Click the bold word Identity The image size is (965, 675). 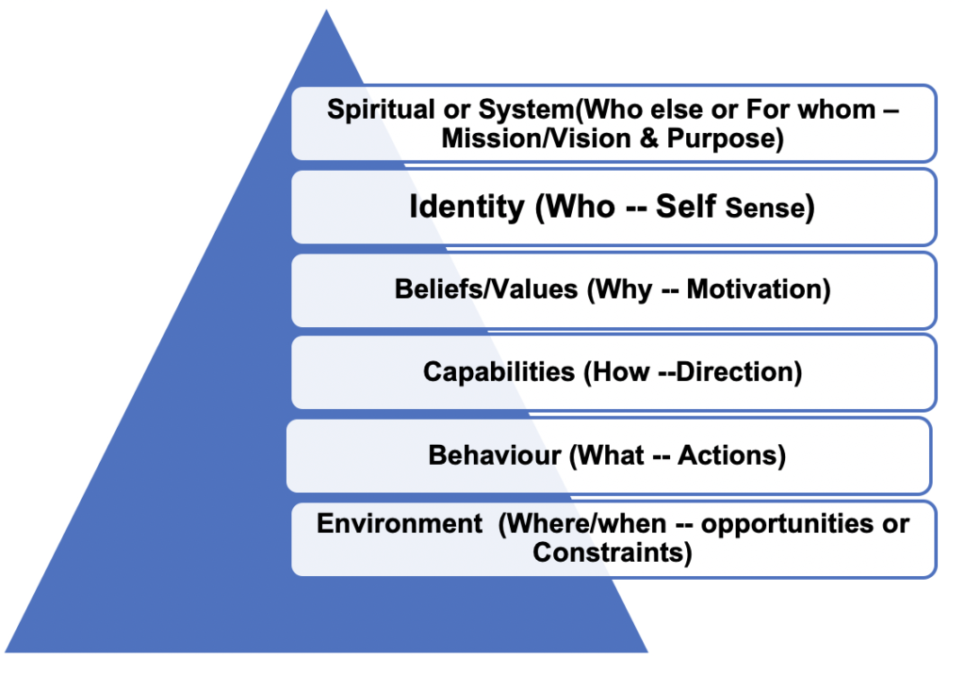[x=466, y=207]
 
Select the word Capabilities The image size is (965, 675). [x=499, y=371]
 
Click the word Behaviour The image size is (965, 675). [x=495, y=455]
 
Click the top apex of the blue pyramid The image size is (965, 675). [x=326, y=11]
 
